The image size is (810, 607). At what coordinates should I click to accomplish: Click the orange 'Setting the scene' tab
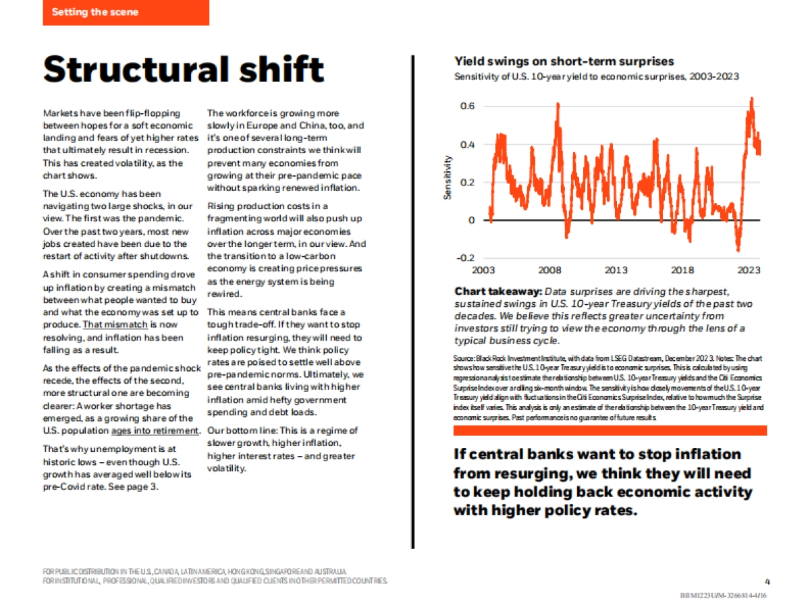126,12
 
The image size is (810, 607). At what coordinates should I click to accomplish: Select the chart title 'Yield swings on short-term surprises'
564,61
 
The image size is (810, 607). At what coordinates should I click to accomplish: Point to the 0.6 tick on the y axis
466,107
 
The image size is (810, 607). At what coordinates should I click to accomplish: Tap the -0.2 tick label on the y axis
465,258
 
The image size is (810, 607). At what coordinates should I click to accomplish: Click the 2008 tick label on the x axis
549,270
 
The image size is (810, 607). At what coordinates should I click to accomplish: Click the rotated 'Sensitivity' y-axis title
447,177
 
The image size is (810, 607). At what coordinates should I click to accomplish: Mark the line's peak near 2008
558,103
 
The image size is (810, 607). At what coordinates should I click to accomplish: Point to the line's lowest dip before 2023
738,250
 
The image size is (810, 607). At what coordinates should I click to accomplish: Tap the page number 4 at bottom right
767,581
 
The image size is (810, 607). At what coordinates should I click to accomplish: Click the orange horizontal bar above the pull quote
610,430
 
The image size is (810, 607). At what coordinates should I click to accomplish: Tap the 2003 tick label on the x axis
483,270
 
